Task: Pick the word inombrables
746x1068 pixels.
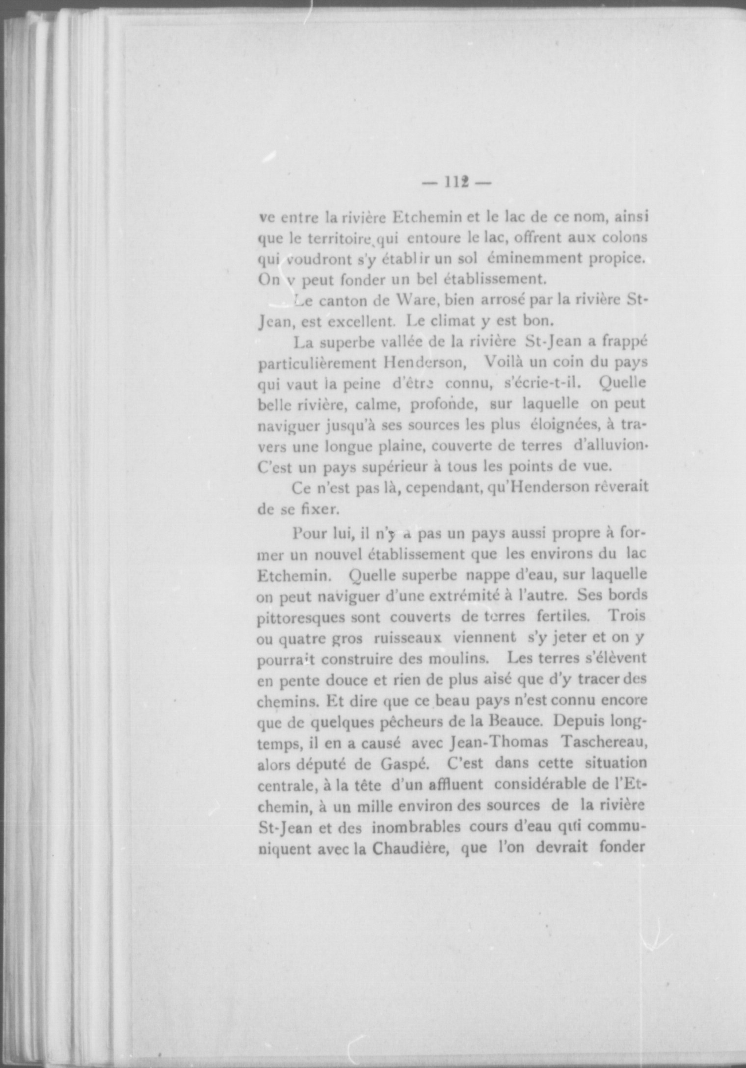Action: click(x=416, y=827)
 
